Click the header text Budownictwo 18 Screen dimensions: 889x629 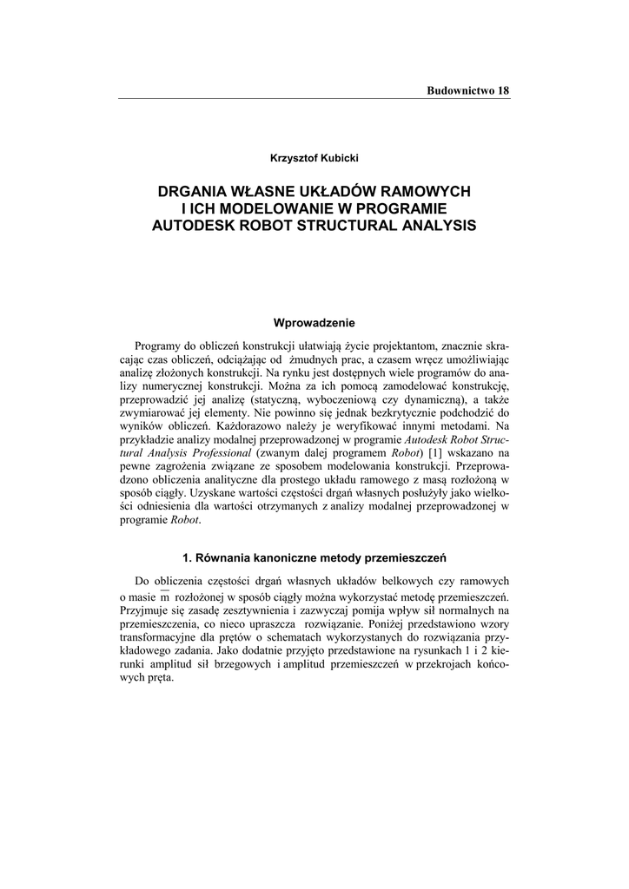pos(467,91)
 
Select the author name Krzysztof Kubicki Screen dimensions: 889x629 pos(314,157)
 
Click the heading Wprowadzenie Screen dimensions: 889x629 pos(314,324)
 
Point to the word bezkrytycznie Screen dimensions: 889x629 pos(413,412)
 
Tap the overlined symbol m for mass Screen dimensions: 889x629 pos(162,598)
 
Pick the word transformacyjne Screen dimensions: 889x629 pos(160,638)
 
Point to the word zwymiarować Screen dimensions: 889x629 pos(155,412)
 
